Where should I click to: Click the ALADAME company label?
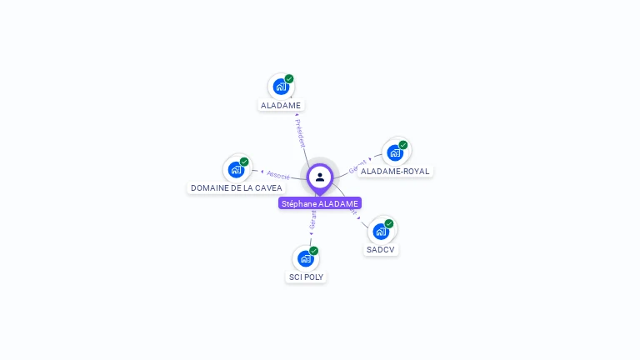[281, 106]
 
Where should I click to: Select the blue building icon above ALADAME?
[281, 87]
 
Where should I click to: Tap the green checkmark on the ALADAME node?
[289, 79]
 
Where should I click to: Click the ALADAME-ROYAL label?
[395, 172]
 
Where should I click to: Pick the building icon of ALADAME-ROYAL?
[395, 152]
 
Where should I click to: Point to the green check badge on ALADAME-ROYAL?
[403, 145]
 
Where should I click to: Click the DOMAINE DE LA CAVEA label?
[237, 188]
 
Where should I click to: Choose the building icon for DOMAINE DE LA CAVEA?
[237, 169]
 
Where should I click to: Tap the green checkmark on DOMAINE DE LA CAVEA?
[244, 162]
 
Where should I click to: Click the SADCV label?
[381, 250]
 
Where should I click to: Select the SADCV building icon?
[381, 231]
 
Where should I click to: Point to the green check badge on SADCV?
[389, 223]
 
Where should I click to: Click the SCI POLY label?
[306, 277]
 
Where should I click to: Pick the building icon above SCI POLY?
[306, 258]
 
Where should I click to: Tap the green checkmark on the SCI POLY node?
[314, 251]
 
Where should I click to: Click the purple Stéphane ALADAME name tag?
[320, 203]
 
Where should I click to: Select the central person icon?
[320, 177]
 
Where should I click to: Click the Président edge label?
[300, 132]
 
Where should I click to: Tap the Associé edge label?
[278, 175]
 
